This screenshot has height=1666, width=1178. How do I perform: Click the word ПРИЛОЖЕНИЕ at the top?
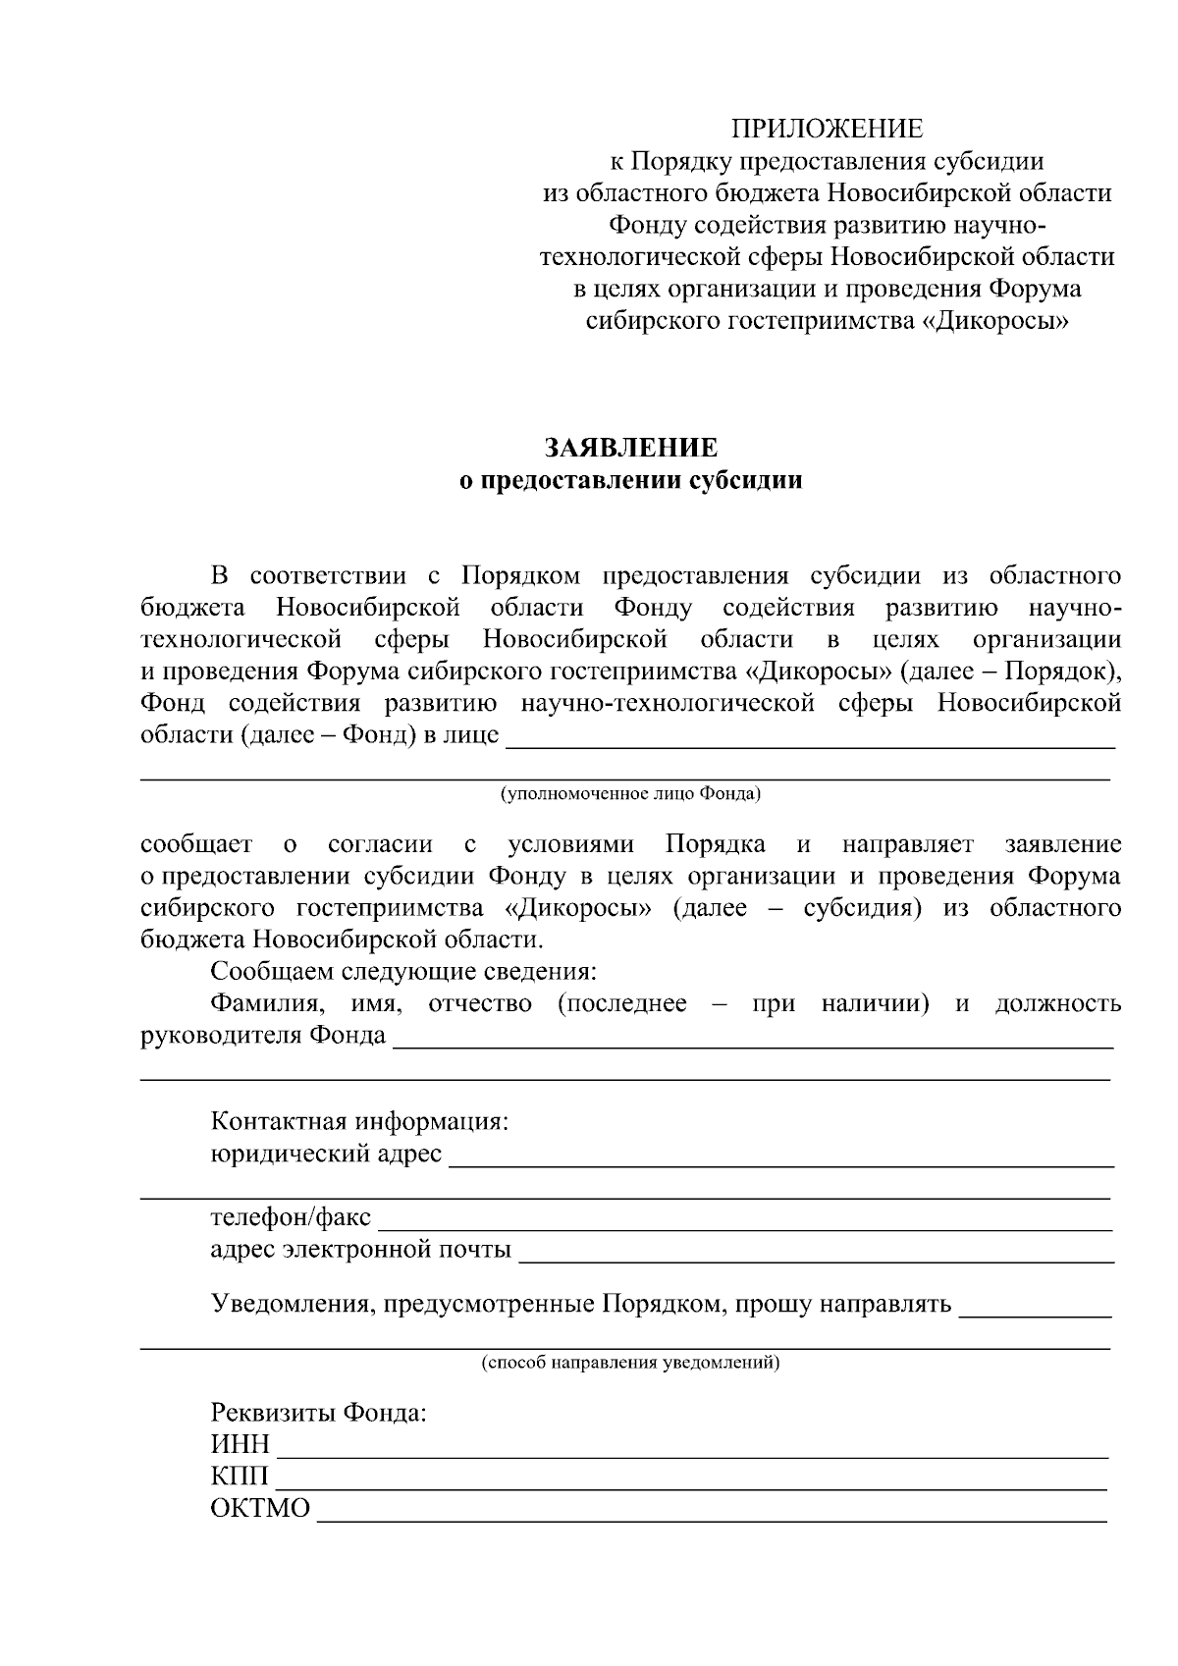click(827, 129)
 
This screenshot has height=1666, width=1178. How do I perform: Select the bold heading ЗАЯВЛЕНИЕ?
click(632, 449)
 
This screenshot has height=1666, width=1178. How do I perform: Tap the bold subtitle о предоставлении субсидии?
click(632, 481)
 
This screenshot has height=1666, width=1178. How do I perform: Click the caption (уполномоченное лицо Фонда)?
click(630, 793)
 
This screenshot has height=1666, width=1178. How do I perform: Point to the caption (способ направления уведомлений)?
click(630, 1363)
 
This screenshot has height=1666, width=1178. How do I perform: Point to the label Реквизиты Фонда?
click(319, 1414)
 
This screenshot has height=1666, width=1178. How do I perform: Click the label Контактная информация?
click(359, 1121)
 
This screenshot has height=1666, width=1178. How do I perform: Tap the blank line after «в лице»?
click(811, 743)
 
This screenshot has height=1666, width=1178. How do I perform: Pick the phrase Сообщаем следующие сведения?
click(403, 972)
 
